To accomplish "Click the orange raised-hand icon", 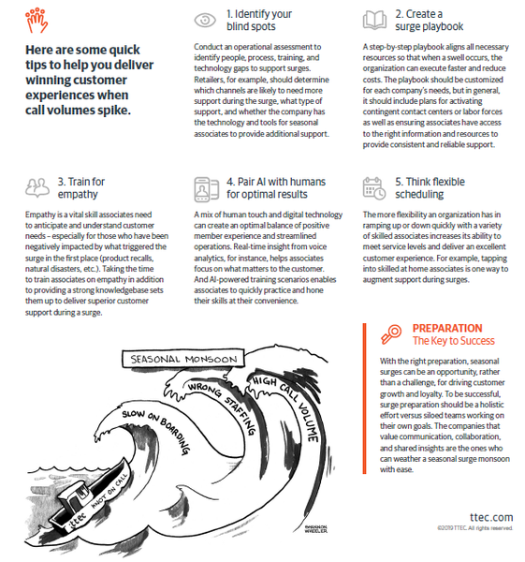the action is coord(36,21).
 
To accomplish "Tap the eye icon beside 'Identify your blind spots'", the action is coord(205,20).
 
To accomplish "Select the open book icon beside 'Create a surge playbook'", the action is coord(374,20).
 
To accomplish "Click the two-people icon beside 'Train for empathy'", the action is coord(37,187).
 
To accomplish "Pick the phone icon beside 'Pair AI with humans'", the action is coord(206,189).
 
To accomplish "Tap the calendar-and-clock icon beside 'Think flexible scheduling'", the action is coord(374,188).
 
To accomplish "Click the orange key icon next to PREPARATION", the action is coord(391,334).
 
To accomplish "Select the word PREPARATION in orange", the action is coord(447,328).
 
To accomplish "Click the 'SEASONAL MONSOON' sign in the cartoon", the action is coord(183,359).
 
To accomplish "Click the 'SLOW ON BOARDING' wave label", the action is coord(155,432).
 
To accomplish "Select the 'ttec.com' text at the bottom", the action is coord(491,517).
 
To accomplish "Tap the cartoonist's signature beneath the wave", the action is coord(315,529).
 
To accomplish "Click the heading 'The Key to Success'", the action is coord(453,341).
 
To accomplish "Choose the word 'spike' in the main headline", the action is coord(117,111).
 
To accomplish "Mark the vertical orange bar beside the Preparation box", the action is coord(365,398).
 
